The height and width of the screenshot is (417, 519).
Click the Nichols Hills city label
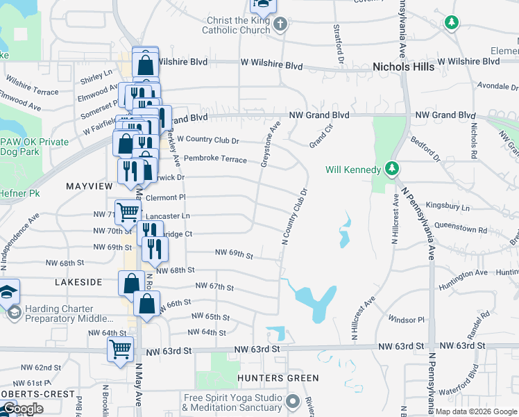coord(403,67)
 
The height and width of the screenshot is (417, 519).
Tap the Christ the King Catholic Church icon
coord(280,26)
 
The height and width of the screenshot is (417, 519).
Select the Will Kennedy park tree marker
coord(392,169)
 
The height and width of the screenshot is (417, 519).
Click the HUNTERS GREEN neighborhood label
coord(278,378)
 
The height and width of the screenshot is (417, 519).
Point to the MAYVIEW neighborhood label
coord(89,186)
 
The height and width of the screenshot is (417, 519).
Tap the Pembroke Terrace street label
coord(215,159)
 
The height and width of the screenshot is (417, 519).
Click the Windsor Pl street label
coord(406,320)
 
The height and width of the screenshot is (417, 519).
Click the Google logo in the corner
coord(23,409)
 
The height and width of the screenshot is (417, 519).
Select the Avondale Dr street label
coord(495,87)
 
